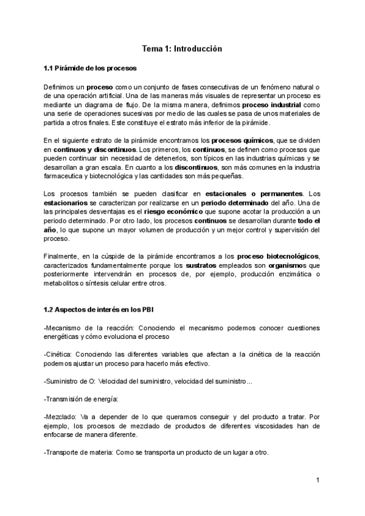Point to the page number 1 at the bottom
point(318,480)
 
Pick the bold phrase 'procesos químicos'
point(246,140)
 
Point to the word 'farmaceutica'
point(69,176)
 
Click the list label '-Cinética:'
point(60,354)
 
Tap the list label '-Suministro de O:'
point(70,381)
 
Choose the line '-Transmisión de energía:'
point(81,399)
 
